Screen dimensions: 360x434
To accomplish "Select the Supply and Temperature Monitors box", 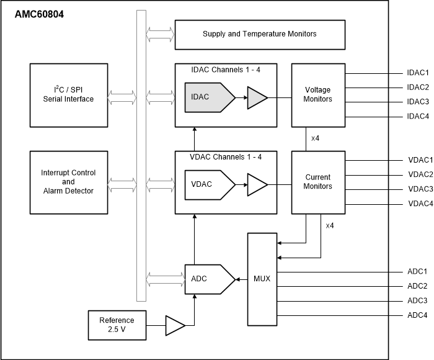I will [259, 34].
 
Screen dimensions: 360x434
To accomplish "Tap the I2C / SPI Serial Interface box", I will [68, 94].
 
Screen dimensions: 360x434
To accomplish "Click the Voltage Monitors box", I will [317, 94].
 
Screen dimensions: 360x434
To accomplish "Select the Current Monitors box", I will [317, 181].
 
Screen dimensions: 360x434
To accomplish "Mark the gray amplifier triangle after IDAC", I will [257, 98].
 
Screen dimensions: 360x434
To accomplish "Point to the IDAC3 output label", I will [417, 102].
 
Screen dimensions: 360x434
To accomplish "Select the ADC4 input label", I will [417, 315].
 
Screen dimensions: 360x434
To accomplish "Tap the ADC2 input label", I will [417, 286].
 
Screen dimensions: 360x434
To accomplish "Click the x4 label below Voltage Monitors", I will [315, 138].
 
